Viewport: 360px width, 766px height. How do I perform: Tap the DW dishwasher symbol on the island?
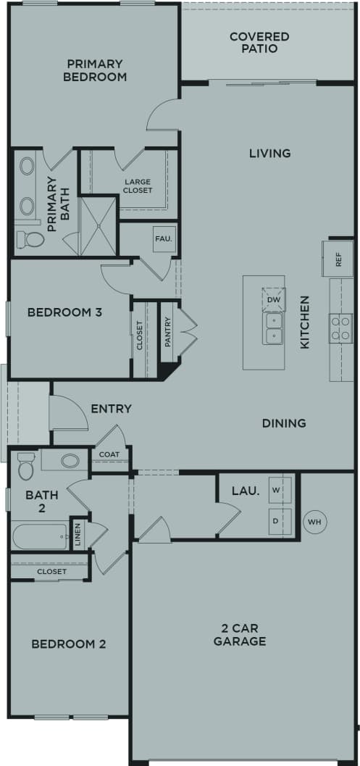pos(274,299)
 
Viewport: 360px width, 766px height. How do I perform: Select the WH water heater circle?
pos(314,521)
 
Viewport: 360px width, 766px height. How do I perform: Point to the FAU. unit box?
pos(162,238)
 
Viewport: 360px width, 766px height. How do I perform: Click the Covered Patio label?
pos(259,42)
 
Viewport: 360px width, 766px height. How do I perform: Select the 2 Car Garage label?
pos(243,634)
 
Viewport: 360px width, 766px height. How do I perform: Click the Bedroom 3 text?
pos(64,312)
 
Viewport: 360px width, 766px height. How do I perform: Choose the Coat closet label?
pos(109,454)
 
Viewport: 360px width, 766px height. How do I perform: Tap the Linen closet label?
pos(78,534)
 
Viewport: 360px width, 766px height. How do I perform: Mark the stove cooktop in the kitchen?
pos(340,328)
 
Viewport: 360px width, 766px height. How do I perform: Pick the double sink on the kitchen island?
pos(274,328)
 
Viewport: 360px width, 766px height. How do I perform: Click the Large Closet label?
pos(137,186)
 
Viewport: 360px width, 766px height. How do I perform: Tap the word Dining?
pos(284,422)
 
